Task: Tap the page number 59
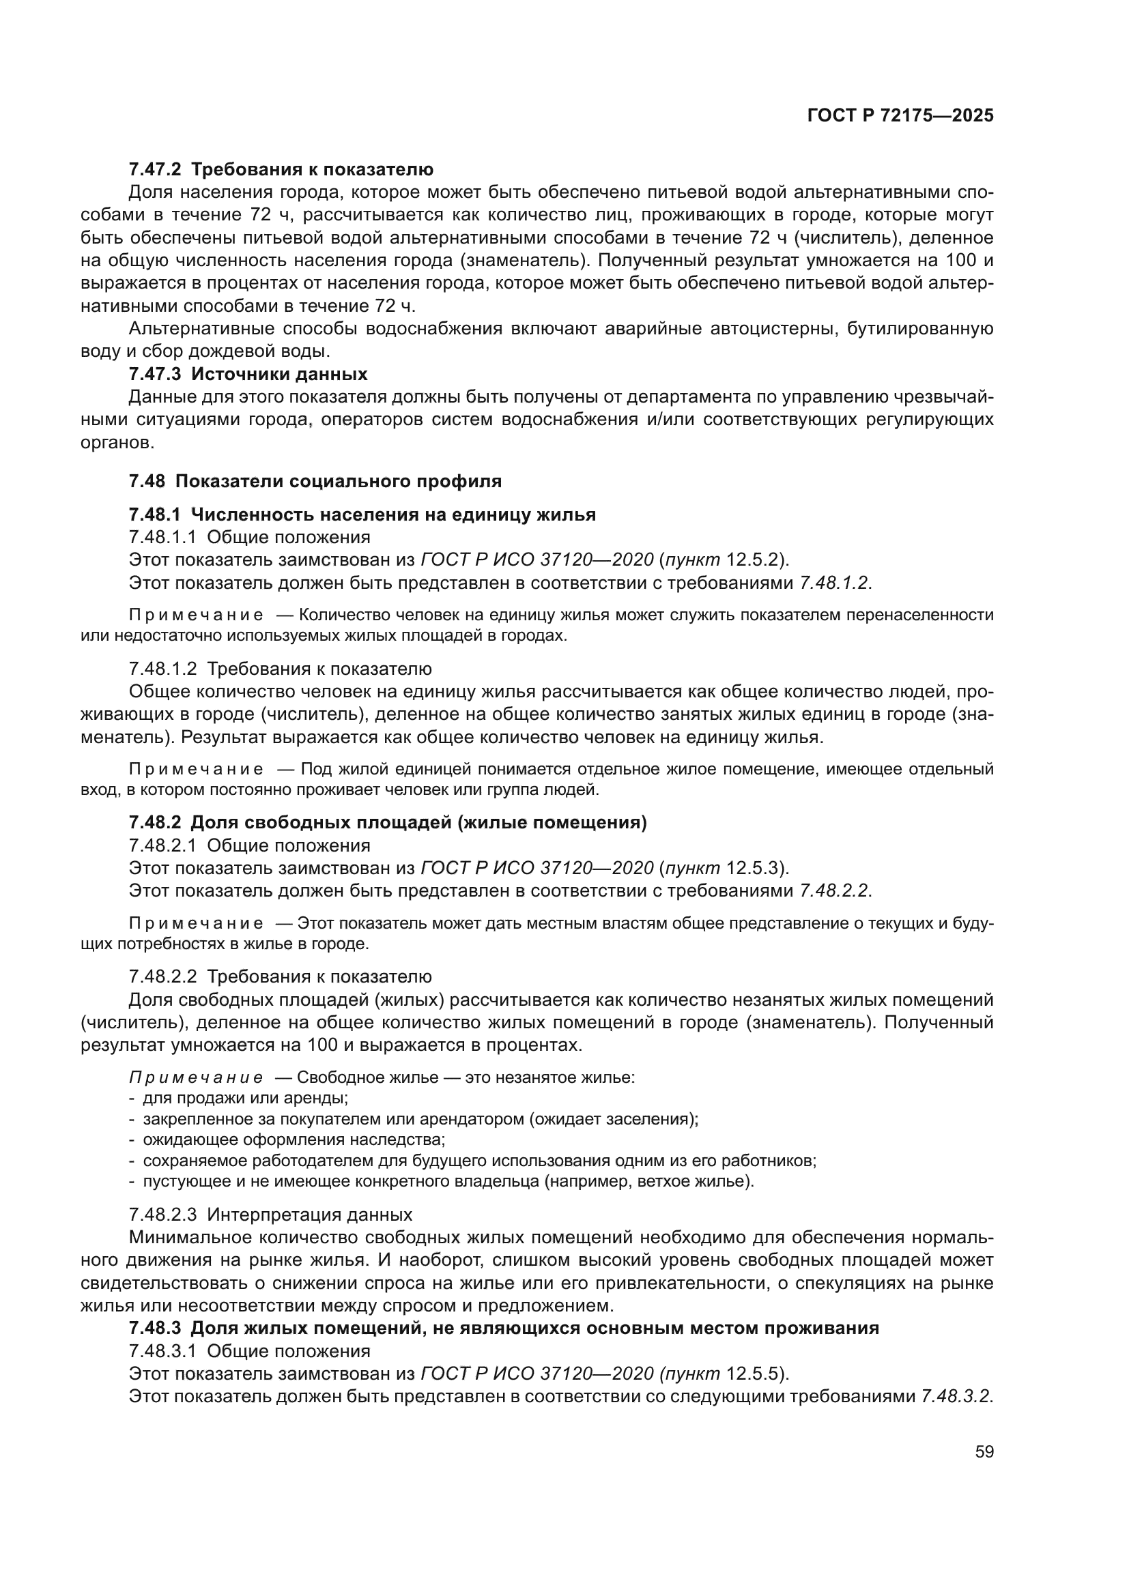984,1451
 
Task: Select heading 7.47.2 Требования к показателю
281,170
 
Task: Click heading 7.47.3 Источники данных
248,374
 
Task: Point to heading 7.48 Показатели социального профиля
315,481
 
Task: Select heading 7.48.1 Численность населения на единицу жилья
362,514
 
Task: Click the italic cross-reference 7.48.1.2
834,583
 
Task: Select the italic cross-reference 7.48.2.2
834,891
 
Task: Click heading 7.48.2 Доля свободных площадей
388,823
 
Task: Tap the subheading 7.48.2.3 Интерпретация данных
270,1215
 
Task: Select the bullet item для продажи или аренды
246,1099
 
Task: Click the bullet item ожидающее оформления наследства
294,1140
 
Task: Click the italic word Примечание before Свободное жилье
196,1078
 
